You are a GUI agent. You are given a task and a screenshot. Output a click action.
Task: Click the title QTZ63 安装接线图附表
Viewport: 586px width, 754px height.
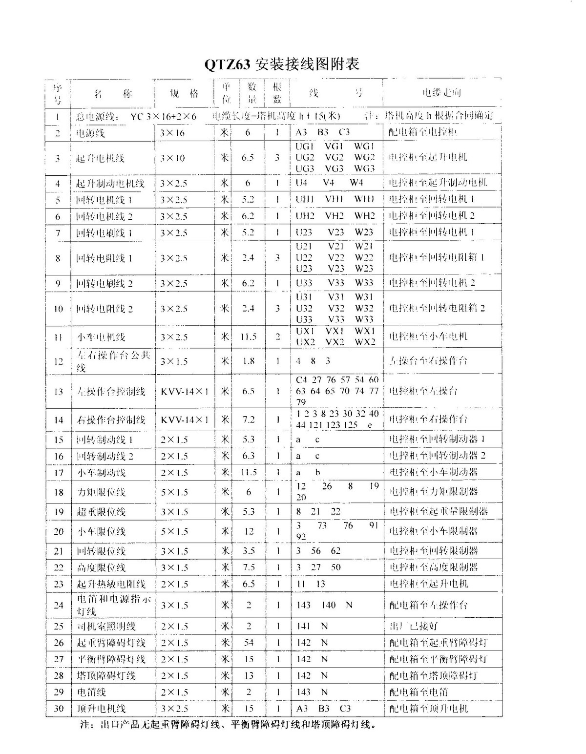(282, 64)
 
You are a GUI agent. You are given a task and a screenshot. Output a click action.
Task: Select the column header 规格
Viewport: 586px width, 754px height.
(184, 94)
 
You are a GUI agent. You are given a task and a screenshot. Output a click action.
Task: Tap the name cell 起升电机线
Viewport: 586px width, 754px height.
(101, 158)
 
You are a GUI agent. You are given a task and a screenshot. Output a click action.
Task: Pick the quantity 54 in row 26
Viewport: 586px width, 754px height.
(249, 643)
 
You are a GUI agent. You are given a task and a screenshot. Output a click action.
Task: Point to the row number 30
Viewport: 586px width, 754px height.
(58, 709)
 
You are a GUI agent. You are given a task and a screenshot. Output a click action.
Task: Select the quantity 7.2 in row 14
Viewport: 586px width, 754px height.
(249, 419)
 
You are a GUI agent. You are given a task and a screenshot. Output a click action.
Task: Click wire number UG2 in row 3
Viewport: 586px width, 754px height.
(305, 157)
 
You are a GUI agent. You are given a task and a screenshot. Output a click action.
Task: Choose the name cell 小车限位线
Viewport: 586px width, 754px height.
(102, 532)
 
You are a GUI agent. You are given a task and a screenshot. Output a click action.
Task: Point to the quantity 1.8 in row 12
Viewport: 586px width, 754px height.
(249, 361)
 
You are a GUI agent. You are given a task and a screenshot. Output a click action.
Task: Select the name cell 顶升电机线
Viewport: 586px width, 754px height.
(102, 709)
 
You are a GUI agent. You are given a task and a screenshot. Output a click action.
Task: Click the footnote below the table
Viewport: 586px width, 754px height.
(229, 725)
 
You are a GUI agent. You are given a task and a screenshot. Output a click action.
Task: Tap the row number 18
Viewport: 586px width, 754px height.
(58, 492)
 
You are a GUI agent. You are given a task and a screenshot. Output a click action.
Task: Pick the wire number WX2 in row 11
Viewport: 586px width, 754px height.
(365, 342)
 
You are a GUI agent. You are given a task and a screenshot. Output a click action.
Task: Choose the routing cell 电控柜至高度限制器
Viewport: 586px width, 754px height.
(433, 567)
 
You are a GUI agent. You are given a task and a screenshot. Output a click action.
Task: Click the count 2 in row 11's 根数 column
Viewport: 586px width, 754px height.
(277, 336)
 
